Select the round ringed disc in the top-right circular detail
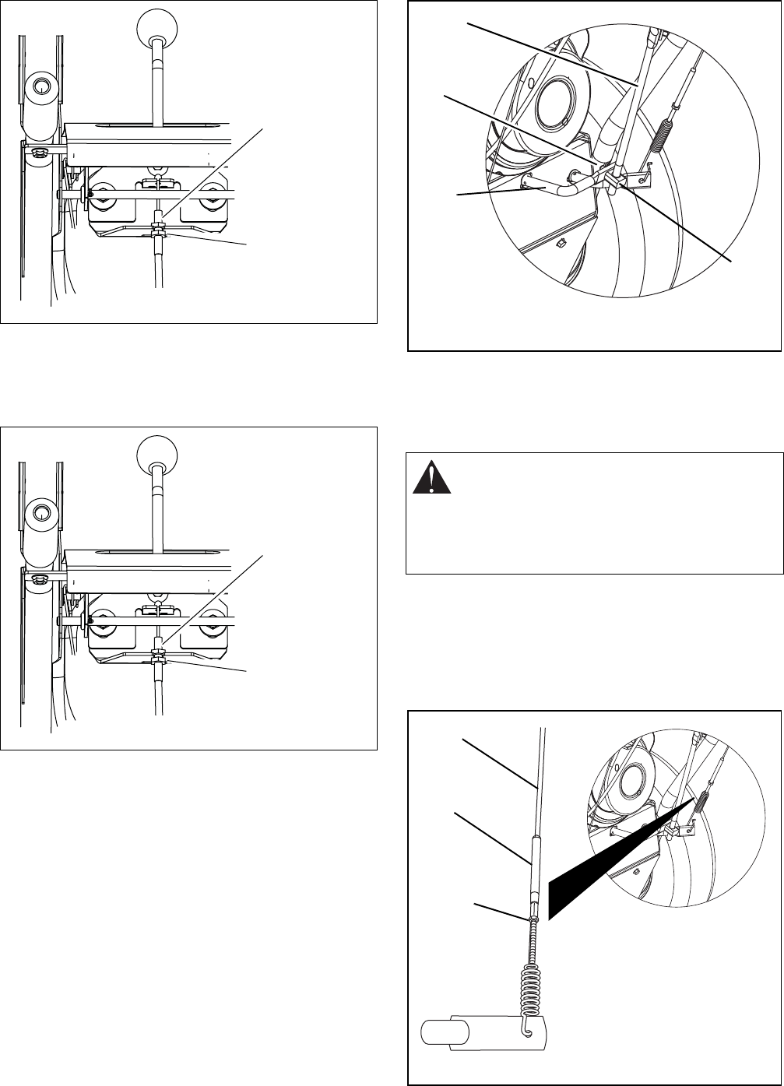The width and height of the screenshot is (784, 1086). [554, 100]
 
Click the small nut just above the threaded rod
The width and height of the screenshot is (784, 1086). [534, 919]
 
